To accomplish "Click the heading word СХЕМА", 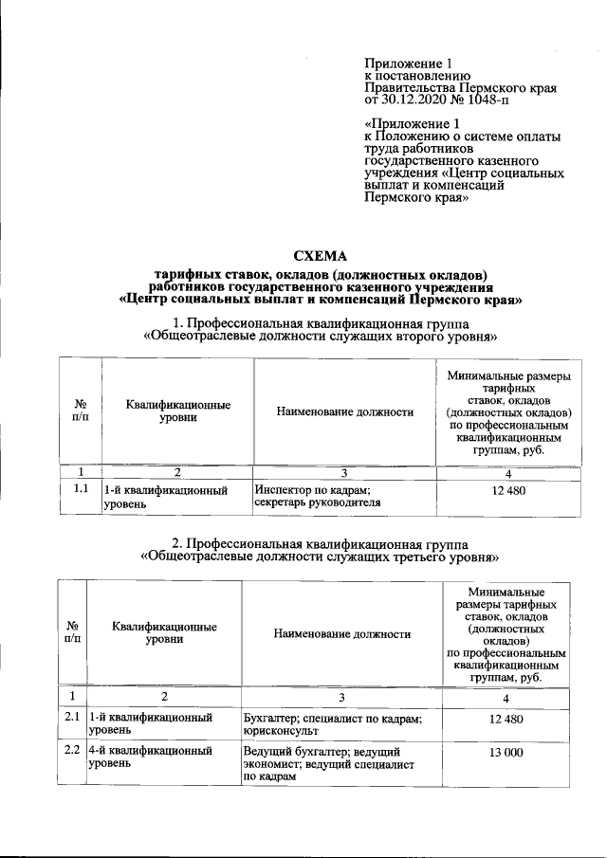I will click(x=322, y=256).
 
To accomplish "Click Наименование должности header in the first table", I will click(x=345, y=411).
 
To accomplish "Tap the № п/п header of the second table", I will click(x=72, y=633).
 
